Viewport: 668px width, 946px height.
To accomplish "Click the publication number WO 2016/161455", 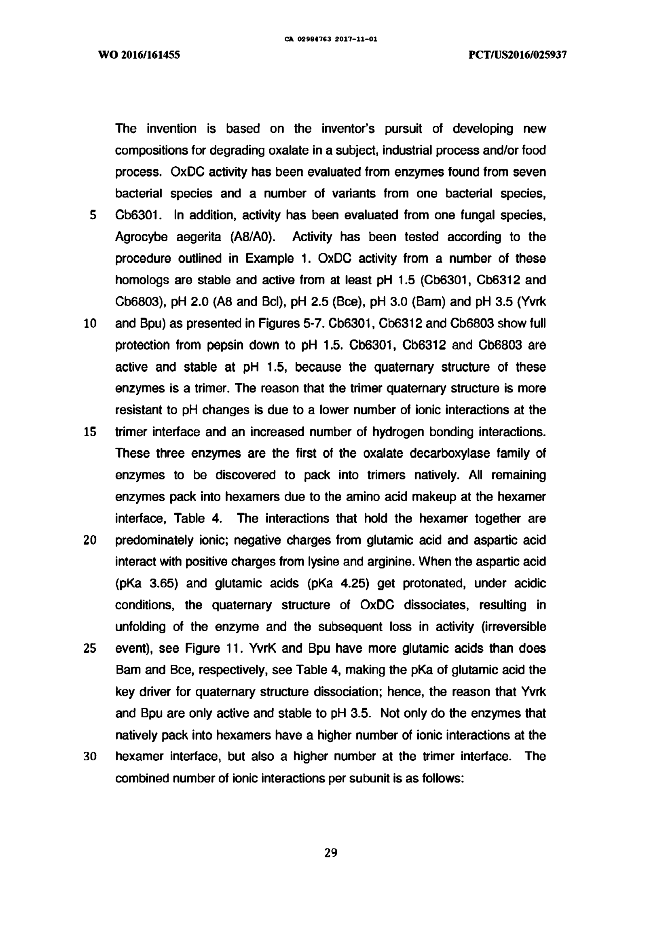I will coord(139,54).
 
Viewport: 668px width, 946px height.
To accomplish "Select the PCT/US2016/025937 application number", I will coord(518,54).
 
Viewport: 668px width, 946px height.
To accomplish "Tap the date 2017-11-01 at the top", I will coord(356,40).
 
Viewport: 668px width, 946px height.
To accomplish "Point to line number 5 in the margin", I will coord(93,215).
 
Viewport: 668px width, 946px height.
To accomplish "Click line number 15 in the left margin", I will coord(90,432).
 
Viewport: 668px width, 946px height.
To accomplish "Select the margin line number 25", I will coord(90,649).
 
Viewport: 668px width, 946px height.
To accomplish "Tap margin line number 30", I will coord(90,757).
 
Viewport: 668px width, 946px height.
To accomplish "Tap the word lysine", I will coord(337,562).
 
